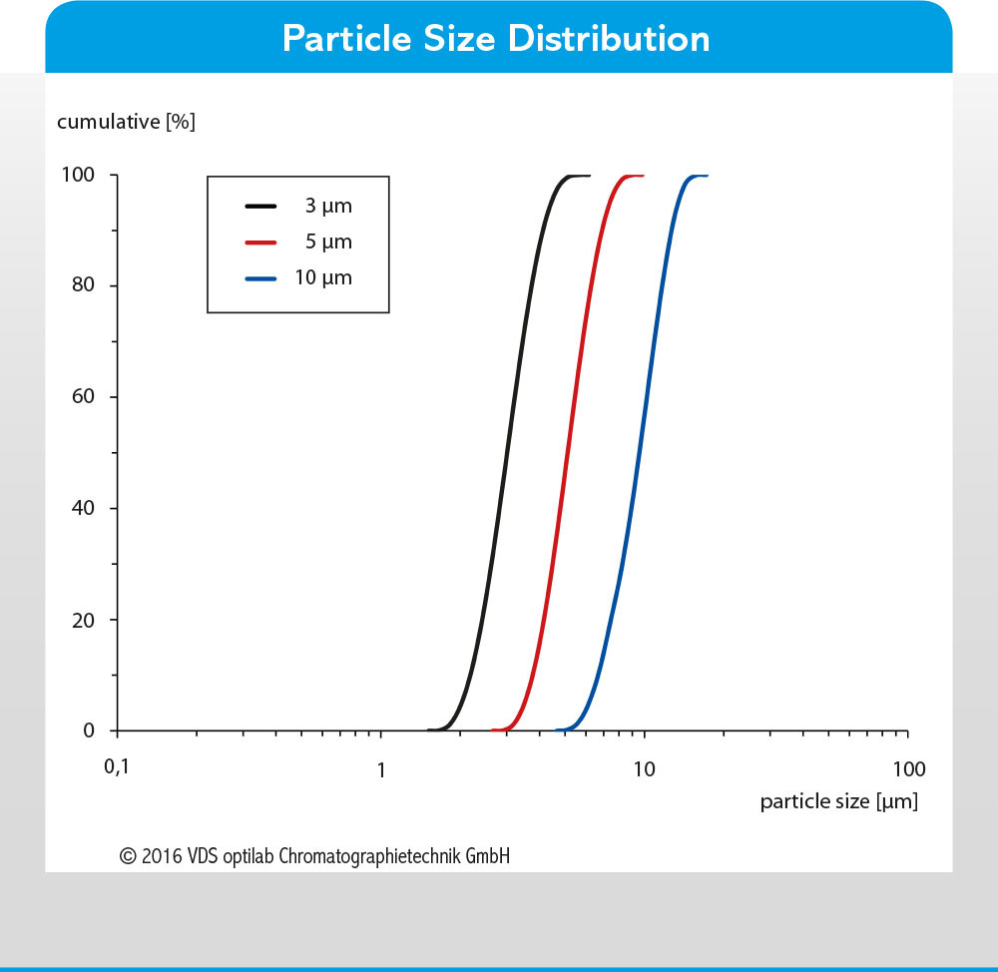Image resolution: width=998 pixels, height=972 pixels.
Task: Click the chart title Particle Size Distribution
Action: click(x=496, y=39)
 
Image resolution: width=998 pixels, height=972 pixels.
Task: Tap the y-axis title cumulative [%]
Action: click(x=126, y=122)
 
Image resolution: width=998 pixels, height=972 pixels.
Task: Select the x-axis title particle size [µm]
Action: click(x=839, y=801)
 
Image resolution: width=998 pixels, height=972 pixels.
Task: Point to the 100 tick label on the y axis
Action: click(x=78, y=175)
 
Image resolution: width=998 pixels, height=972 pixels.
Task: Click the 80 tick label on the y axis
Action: click(x=83, y=284)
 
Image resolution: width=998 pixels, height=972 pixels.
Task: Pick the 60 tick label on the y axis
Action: click(x=83, y=396)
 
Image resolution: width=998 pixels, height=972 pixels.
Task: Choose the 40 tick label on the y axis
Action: click(x=83, y=508)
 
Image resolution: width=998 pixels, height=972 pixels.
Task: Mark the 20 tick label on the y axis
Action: click(x=83, y=620)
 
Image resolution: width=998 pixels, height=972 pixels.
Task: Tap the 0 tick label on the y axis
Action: click(x=89, y=730)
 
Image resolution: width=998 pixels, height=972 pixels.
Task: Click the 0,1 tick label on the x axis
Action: click(x=117, y=767)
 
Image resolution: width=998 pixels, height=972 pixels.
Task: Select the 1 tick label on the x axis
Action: click(x=380, y=770)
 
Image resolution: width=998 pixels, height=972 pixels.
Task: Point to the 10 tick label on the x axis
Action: click(x=644, y=769)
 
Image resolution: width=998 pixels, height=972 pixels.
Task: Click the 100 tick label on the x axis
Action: click(x=909, y=769)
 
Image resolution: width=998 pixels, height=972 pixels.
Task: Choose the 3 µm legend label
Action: click(x=328, y=207)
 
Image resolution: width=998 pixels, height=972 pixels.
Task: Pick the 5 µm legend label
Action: click(x=328, y=242)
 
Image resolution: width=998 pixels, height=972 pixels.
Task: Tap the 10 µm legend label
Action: click(x=323, y=278)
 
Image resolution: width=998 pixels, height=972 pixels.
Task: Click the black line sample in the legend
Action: click(x=260, y=207)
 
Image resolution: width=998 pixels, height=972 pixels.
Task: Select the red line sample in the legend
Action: click(x=260, y=243)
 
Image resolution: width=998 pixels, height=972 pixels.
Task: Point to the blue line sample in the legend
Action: click(x=260, y=278)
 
